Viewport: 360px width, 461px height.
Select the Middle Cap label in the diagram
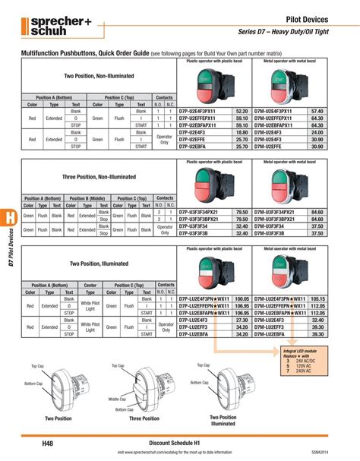click(117, 399)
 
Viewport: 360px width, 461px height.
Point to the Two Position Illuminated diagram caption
click(223, 422)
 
